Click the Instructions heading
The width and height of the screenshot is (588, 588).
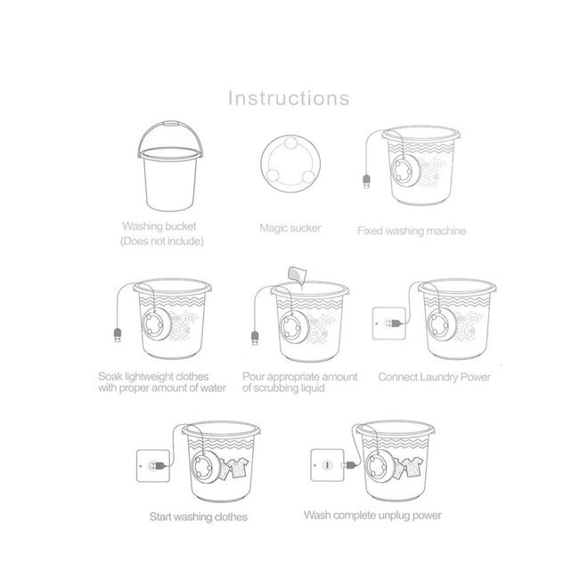coord(289,98)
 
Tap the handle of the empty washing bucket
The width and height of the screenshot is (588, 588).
coord(171,123)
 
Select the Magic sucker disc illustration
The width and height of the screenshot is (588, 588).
coord(290,164)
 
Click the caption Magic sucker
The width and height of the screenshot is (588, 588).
coord(290,228)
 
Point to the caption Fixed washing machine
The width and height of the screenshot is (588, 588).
coord(412,231)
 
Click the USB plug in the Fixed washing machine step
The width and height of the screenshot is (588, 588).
coord(366,182)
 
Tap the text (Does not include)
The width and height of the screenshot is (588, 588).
coord(162,241)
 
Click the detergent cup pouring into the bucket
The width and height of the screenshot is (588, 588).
coord(297,274)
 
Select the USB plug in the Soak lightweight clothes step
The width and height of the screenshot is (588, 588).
coord(118,335)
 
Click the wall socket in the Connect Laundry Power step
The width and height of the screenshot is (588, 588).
coord(389,323)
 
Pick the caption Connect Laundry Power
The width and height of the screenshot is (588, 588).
coord(434,377)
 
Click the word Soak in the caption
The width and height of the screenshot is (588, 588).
coord(110,376)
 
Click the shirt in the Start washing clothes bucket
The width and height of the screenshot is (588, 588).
coord(239,467)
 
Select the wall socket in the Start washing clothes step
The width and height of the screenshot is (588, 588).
coord(153,466)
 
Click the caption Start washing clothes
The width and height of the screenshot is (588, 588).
coord(199,517)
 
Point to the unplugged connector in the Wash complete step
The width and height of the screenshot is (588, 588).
coord(348,465)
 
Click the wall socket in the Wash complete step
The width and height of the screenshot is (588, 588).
coord(327,465)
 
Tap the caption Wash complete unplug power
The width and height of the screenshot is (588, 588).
coord(372,515)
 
